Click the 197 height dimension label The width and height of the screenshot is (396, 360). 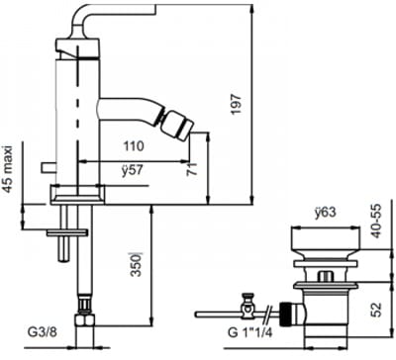(237, 104)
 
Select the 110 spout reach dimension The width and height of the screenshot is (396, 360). (134, 145)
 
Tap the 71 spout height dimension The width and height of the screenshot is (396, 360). (192, 168)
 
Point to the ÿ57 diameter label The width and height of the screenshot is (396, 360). (132, 170)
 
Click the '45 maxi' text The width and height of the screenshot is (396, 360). (9, 169)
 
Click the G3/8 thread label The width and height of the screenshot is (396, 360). (43, 332)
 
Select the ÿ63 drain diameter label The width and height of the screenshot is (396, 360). (325, 213)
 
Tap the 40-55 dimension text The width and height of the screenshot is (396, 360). (375, 221)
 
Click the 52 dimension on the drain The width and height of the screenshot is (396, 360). (375, 310)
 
